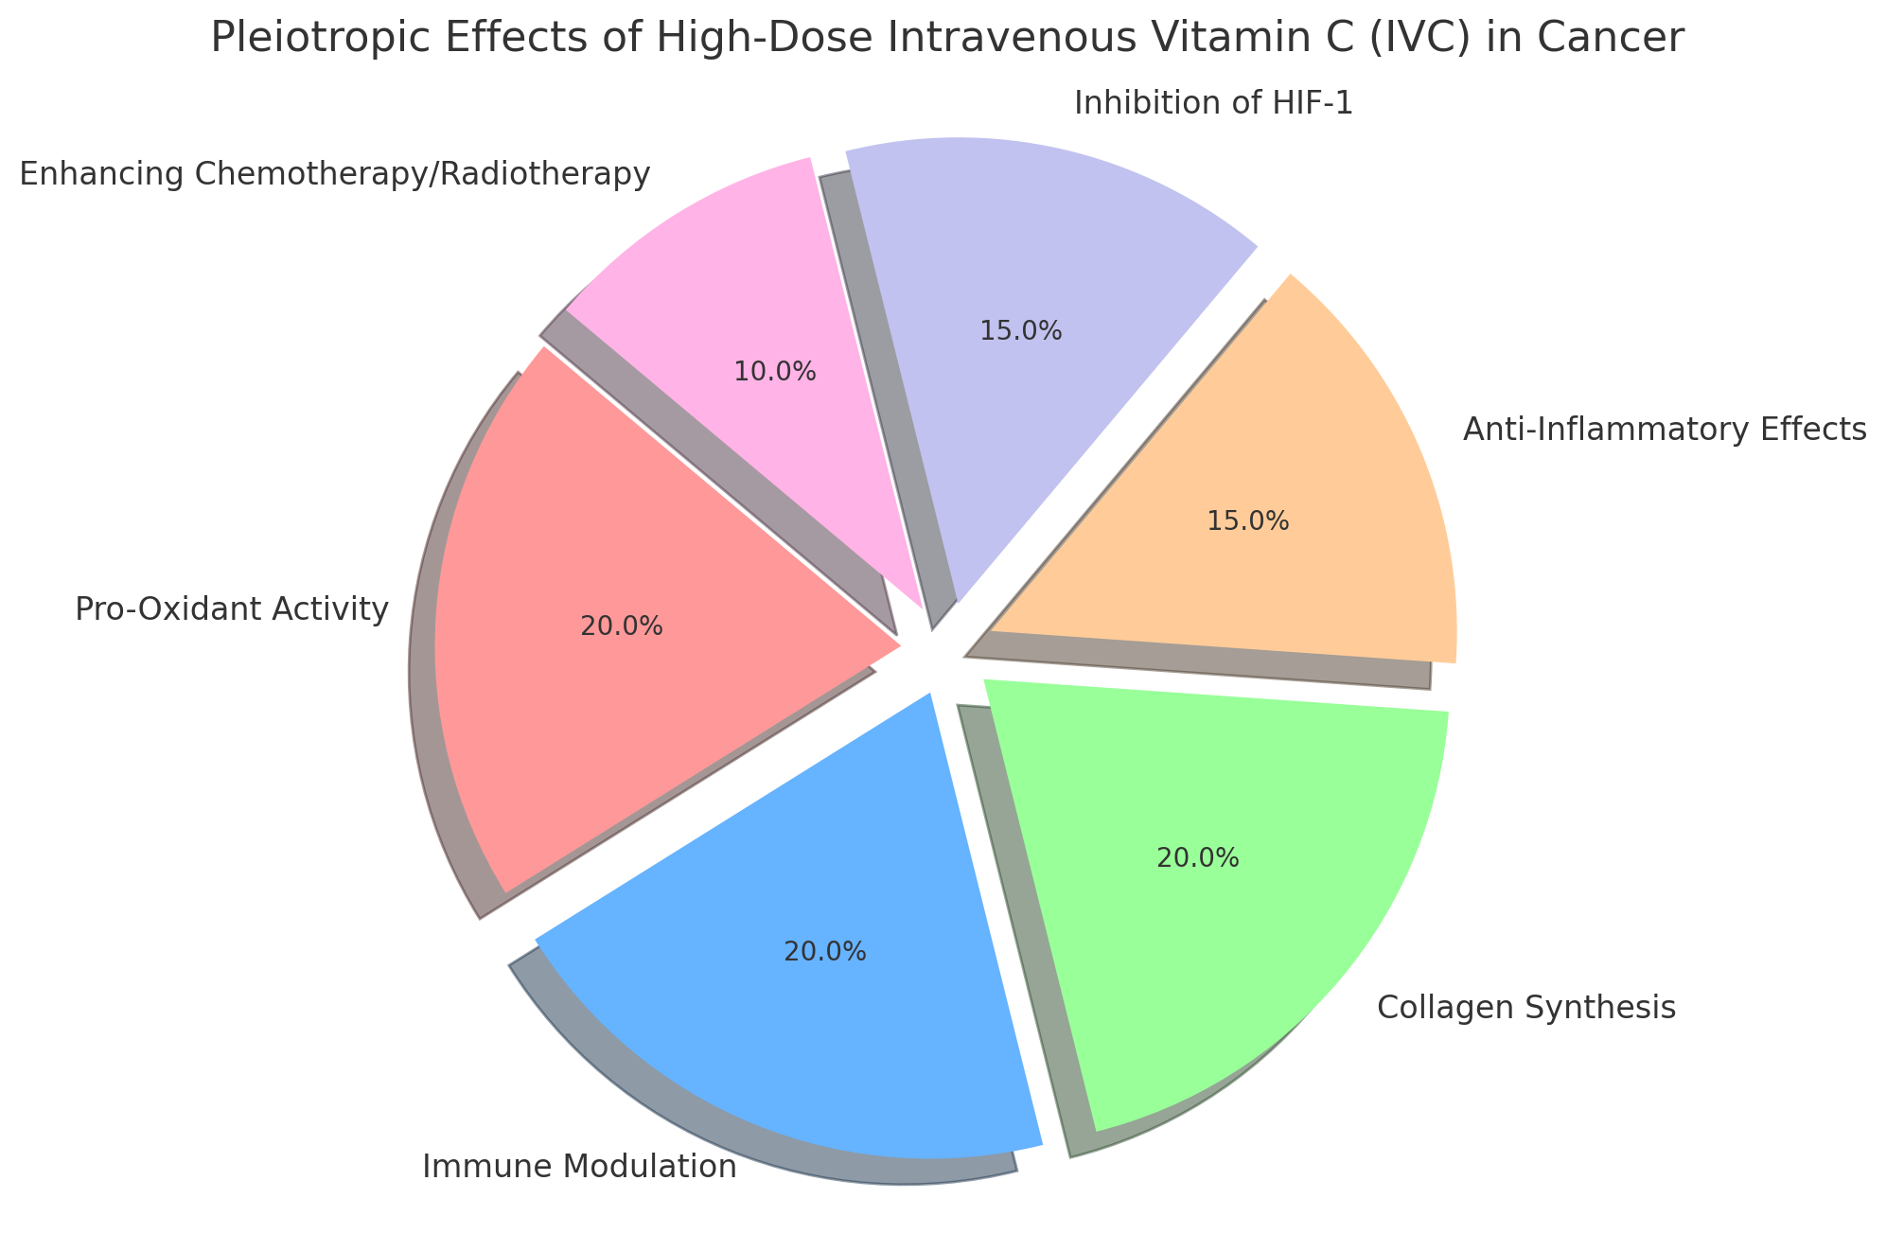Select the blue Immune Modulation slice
tap(795, 1022)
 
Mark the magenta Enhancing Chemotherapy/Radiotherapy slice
tap(748, 284)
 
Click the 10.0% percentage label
tap(774, 372)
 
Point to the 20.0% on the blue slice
tap(824, 952)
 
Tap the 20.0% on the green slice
tap(1197, 858)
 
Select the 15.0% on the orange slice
tap(1247, 521)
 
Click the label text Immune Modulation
tap(579, 1167)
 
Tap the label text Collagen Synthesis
tap(1525, 1008)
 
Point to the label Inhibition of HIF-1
tap(1213, 103)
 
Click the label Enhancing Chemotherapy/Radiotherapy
tap(334, 175)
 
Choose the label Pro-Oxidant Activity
tap(232, 610)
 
